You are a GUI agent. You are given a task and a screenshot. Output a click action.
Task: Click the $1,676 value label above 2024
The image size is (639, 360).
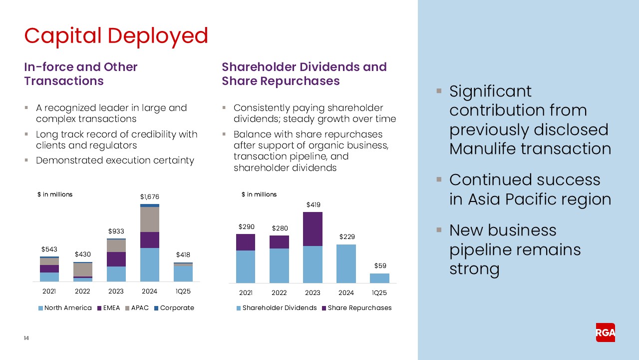click(149, 197)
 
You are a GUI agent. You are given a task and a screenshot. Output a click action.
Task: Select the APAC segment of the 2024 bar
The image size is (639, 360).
click(149, 219)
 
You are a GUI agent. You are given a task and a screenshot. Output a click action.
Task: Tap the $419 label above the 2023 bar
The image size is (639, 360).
click(313, 204)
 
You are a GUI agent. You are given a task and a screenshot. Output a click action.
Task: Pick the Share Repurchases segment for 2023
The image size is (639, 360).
click(313, 229)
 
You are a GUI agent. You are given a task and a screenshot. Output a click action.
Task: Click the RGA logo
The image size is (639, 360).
click(605, 332)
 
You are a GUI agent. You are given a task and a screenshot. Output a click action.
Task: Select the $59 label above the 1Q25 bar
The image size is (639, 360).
click(379, 266)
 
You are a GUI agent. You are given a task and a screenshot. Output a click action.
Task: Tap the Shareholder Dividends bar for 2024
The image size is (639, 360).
click(346, 263)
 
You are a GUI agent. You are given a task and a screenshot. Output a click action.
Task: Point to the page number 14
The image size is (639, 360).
click(26, 338)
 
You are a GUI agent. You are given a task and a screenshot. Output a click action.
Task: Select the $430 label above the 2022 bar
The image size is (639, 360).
click(82, 254)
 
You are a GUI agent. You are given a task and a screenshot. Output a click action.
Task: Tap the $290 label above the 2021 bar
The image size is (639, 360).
click(246, 226)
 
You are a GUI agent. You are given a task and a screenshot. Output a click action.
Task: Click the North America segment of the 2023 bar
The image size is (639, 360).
click(116, 274)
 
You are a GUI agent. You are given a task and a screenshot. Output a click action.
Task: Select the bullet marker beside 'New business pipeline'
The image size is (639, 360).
click(439, 230)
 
